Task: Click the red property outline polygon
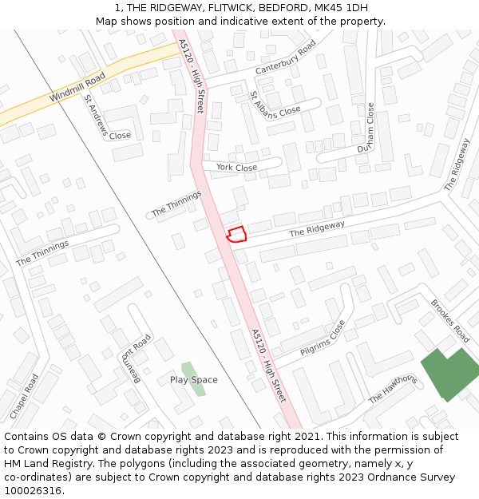point(236,234)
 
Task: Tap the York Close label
point(236,168)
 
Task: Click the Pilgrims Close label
point(323,339)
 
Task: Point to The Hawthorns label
point(392,389)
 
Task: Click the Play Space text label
point(193,380)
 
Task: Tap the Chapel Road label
point(24,397)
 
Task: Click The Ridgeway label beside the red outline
point(317,229)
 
